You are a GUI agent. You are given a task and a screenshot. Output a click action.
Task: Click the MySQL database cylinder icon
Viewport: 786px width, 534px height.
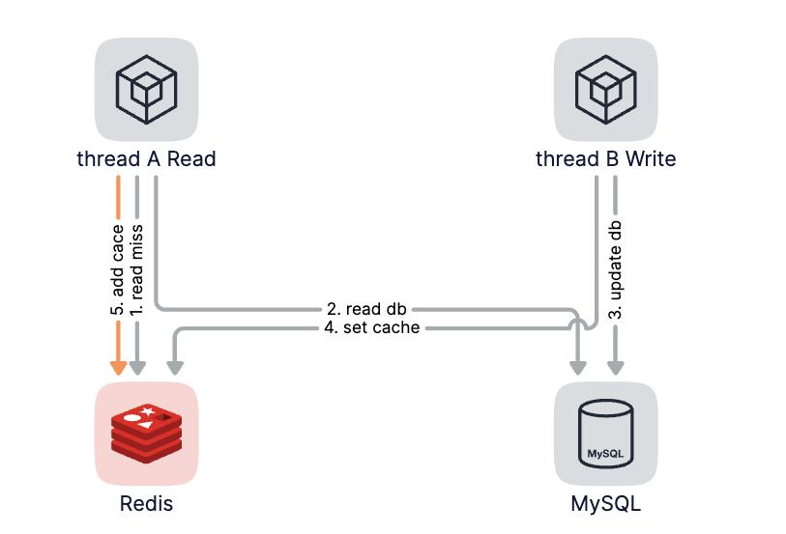[x=605, y=434]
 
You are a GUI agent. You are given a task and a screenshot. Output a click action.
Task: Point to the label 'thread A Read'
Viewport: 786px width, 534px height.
[x=146, y=158]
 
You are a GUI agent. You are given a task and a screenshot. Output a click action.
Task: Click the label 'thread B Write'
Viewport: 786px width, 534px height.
[x=605, y=158]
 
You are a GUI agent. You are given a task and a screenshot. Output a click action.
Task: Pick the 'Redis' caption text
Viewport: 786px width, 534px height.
[x=146, y=503]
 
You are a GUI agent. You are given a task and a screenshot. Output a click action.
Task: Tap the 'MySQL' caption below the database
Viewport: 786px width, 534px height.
[x=605, y=503]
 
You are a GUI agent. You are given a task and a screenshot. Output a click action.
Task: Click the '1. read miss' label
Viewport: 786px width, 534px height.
[x=137, y=271]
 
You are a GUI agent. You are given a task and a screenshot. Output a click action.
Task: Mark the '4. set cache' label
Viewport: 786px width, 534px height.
[x=371, y=328]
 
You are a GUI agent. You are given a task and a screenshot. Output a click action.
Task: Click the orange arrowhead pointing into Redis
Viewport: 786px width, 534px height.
[x=118, y=367]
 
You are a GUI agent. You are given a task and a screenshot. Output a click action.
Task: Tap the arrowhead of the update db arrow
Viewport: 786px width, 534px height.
[x=615, y=367]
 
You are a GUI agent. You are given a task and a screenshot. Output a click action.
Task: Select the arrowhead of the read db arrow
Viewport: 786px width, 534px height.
[x=578, y=367]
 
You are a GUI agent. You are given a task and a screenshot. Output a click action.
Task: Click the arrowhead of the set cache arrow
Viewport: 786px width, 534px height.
[x=175, y=367]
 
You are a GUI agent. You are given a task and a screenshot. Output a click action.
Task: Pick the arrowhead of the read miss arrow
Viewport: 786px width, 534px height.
[x=137, y=367]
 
